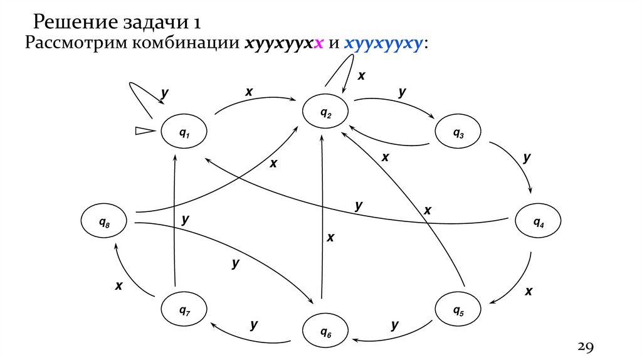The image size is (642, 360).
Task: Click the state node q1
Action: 184,132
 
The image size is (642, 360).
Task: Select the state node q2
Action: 325,113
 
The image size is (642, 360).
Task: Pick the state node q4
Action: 538,222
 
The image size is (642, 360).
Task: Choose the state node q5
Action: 458,310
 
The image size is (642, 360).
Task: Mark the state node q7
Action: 184,310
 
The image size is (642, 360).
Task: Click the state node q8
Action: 103,221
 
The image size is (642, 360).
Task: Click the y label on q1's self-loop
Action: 164,93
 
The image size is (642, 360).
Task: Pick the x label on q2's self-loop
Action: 361,76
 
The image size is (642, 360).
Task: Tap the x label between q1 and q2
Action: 249,92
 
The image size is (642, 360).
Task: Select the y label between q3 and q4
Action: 527,158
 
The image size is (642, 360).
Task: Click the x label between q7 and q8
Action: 118,286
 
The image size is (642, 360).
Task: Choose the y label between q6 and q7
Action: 254,324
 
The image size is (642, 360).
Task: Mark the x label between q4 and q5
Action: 529,291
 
